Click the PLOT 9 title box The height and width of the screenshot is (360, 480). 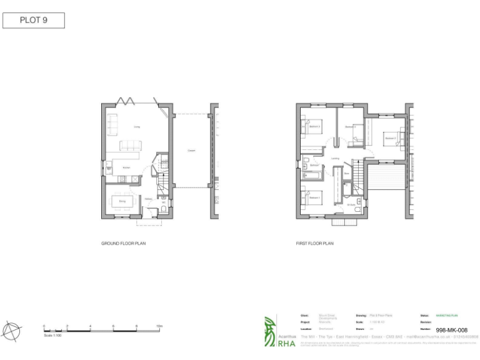click(x=34, y=20)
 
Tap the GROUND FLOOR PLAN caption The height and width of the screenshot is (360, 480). click(x=124, y=243)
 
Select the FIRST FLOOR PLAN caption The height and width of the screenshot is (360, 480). click(x=314, y=243)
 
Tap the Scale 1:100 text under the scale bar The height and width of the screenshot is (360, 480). click(x=52, y=336)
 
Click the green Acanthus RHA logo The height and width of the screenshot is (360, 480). click(x=269, y=331)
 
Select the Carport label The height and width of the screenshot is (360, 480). click(x=190, y=151)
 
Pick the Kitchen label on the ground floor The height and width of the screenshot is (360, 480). click(x=126, y=167)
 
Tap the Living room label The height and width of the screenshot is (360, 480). click(x=136, y=127)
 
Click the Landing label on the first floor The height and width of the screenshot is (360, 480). click(x=335, y=159)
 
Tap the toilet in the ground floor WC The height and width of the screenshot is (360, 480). click(x=164, y=209)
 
